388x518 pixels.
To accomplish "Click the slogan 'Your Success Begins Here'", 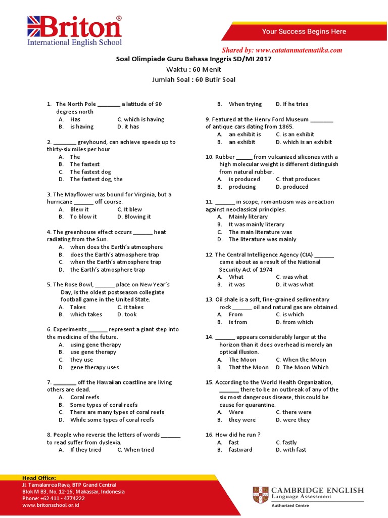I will click(304, 31).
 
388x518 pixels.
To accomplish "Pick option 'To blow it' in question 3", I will click(83, 217).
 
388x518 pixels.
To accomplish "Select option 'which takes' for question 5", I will click(86, 314).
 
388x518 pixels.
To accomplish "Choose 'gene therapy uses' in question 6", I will click(94, 367).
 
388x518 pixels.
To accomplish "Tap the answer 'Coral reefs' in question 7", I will click(84, 397).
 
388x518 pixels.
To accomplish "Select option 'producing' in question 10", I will click(242, 187).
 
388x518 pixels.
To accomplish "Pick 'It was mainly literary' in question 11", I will click(256, 224).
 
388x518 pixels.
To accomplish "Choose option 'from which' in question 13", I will click(298, 322).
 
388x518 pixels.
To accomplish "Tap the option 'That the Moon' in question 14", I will click(249, 367).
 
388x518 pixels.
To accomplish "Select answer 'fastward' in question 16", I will click(240, 450).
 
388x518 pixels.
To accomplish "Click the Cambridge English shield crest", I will click(261, 495).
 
